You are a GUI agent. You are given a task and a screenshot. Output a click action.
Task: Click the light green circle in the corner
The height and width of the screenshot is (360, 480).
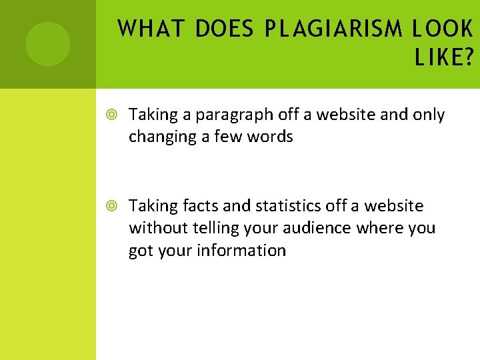click(x=47, y=44)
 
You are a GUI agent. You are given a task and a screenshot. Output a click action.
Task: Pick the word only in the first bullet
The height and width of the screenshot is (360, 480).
click(x=429, y=115)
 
